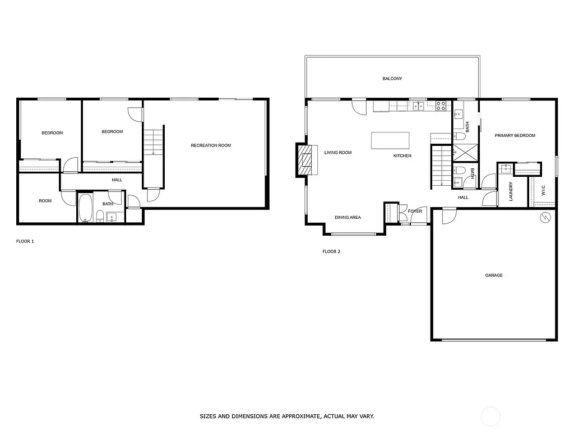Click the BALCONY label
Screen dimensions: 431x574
point(392,79)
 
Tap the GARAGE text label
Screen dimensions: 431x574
point(494,275)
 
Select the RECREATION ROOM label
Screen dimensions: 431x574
point(211,145)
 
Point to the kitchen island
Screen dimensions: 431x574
point(390,140)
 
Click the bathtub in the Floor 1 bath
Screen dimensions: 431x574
point(85,208)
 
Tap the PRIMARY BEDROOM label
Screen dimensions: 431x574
point(515,135)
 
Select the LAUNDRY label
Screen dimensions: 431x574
point(511,191)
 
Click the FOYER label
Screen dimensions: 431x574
point(415,211)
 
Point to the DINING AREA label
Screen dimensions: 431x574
point(348,217)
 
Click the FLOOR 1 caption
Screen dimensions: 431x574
point(25,241)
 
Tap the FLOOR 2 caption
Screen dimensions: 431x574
point(331,251)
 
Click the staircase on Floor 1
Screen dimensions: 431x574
point(153,140)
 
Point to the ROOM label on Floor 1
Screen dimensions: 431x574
point(45,200)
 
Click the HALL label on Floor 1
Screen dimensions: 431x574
point(117,180)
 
